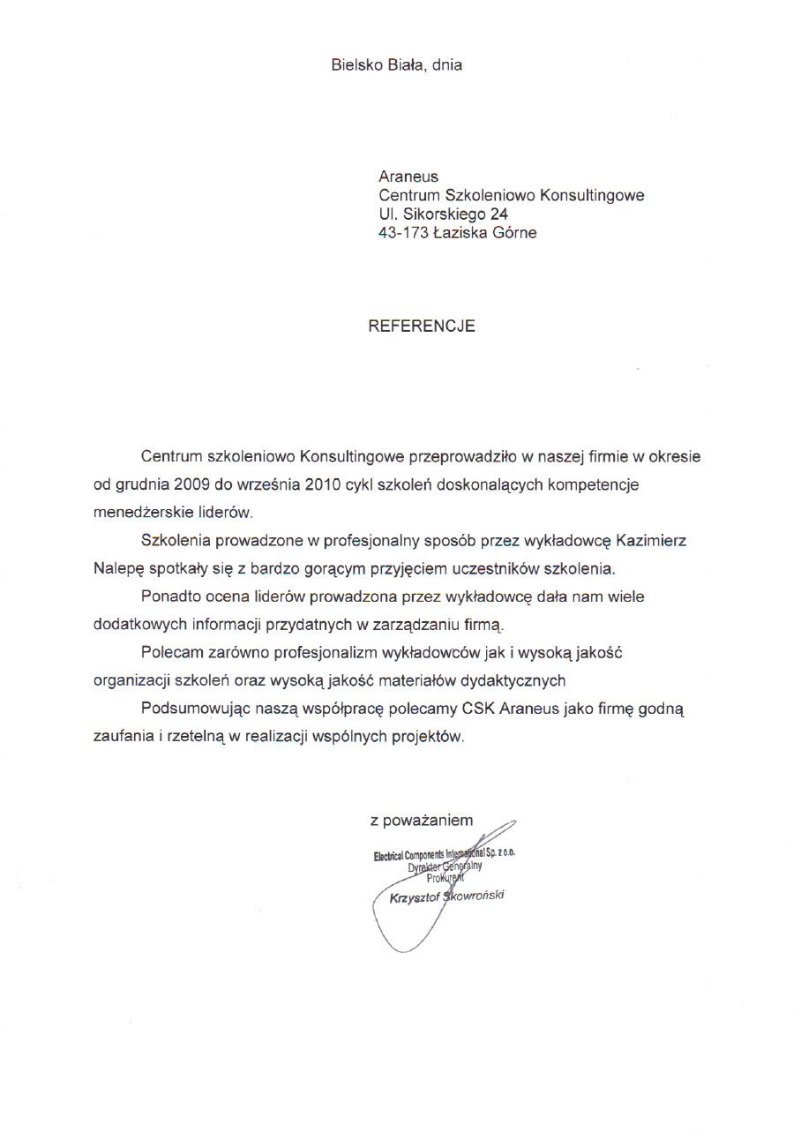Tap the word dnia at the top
[447, 64]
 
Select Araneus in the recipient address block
[408, 176]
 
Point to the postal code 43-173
[403, 233]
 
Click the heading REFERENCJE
[421, 326]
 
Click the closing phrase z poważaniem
[422, 821]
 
